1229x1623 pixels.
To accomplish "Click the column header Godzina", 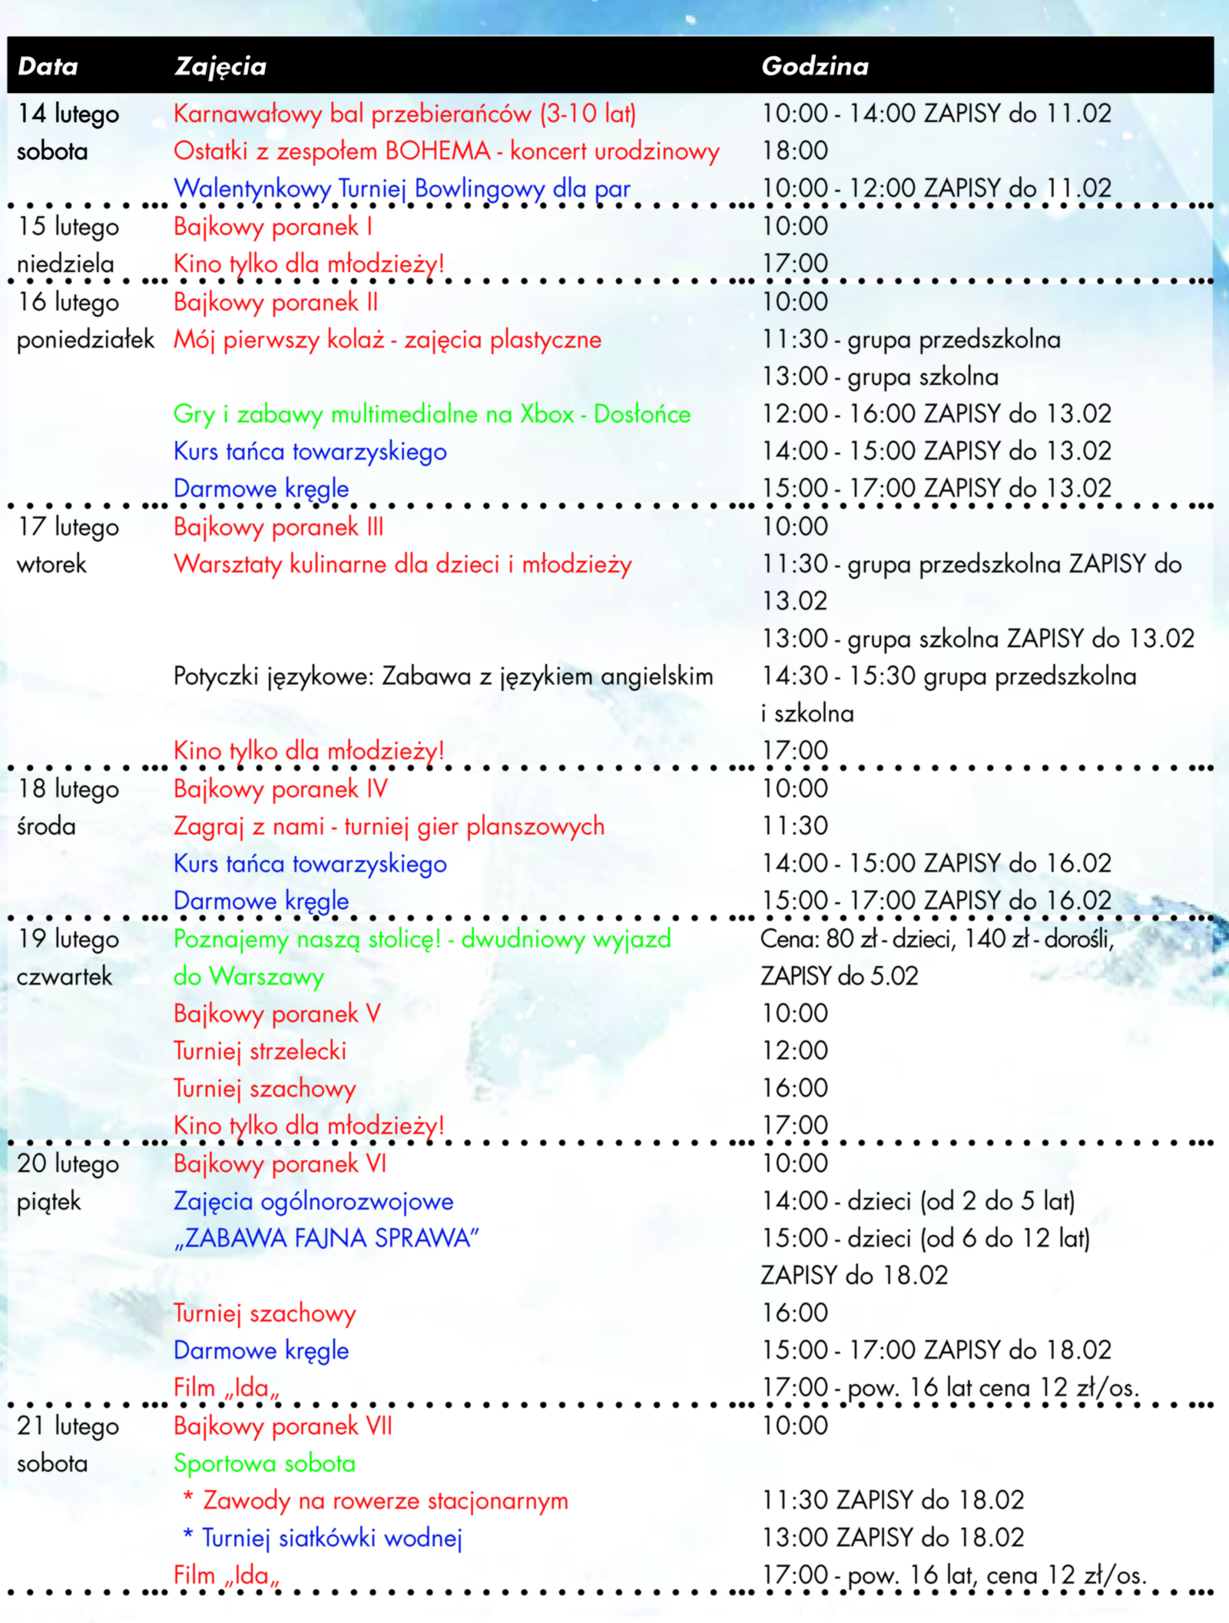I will click(814, 66).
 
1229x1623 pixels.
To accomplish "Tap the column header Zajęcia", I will click(220, 67).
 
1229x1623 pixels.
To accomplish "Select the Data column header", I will click(48, 66).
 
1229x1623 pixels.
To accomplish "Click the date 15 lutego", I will click(68, 227).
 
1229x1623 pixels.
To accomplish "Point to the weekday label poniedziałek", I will click(85, 340).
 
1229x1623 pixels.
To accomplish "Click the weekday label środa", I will click(46, 826).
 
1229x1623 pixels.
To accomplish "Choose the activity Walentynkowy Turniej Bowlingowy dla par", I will click(402, 188).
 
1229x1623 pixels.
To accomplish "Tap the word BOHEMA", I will click(437, 151).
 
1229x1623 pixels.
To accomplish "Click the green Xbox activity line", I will click(432, 414).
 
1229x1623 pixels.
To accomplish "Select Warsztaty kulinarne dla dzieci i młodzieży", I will click(402, 564).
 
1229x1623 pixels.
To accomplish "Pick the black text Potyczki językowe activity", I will click(443, 676).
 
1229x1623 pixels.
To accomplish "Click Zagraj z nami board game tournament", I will click(389, 826).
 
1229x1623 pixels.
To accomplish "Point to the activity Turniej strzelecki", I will click(260, 1050).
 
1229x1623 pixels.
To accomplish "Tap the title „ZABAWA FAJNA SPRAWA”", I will click(326, 1238).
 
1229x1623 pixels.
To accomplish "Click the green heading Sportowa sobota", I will click(264, 1463).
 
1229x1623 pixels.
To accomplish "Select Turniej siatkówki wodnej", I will click(332, 1538).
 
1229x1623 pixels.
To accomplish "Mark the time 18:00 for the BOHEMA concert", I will click(794, 151).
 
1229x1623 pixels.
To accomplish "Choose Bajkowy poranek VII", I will click(283, 1426).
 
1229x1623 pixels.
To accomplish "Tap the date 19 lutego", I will click(68, 938).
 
